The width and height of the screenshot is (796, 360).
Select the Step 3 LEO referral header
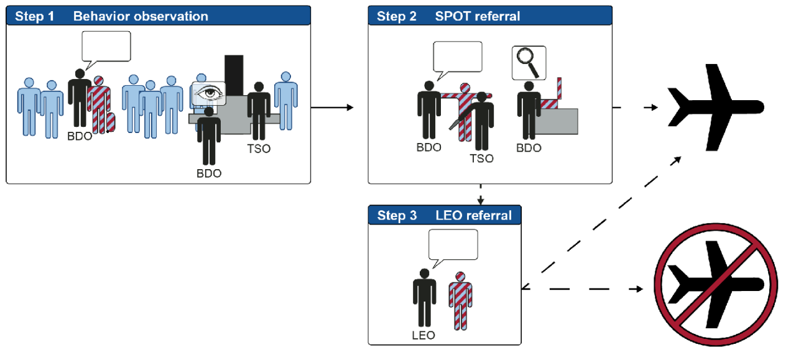click(444, 215)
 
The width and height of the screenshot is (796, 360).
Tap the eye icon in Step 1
click(208, 94)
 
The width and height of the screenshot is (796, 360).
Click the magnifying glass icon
click(529, 63)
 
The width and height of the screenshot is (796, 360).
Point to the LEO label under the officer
click(423, 335)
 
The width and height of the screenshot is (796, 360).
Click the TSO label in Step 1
click(259, 149)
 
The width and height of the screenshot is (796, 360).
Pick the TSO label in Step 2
click(481, 159)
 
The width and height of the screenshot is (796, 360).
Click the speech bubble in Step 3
click(453, 244)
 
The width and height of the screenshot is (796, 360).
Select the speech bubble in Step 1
click(106, 47)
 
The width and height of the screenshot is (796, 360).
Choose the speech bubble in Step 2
click(457, 58)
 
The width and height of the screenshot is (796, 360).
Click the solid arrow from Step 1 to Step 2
click(331, 108)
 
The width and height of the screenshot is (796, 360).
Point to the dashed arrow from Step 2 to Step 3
click(481, 194)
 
